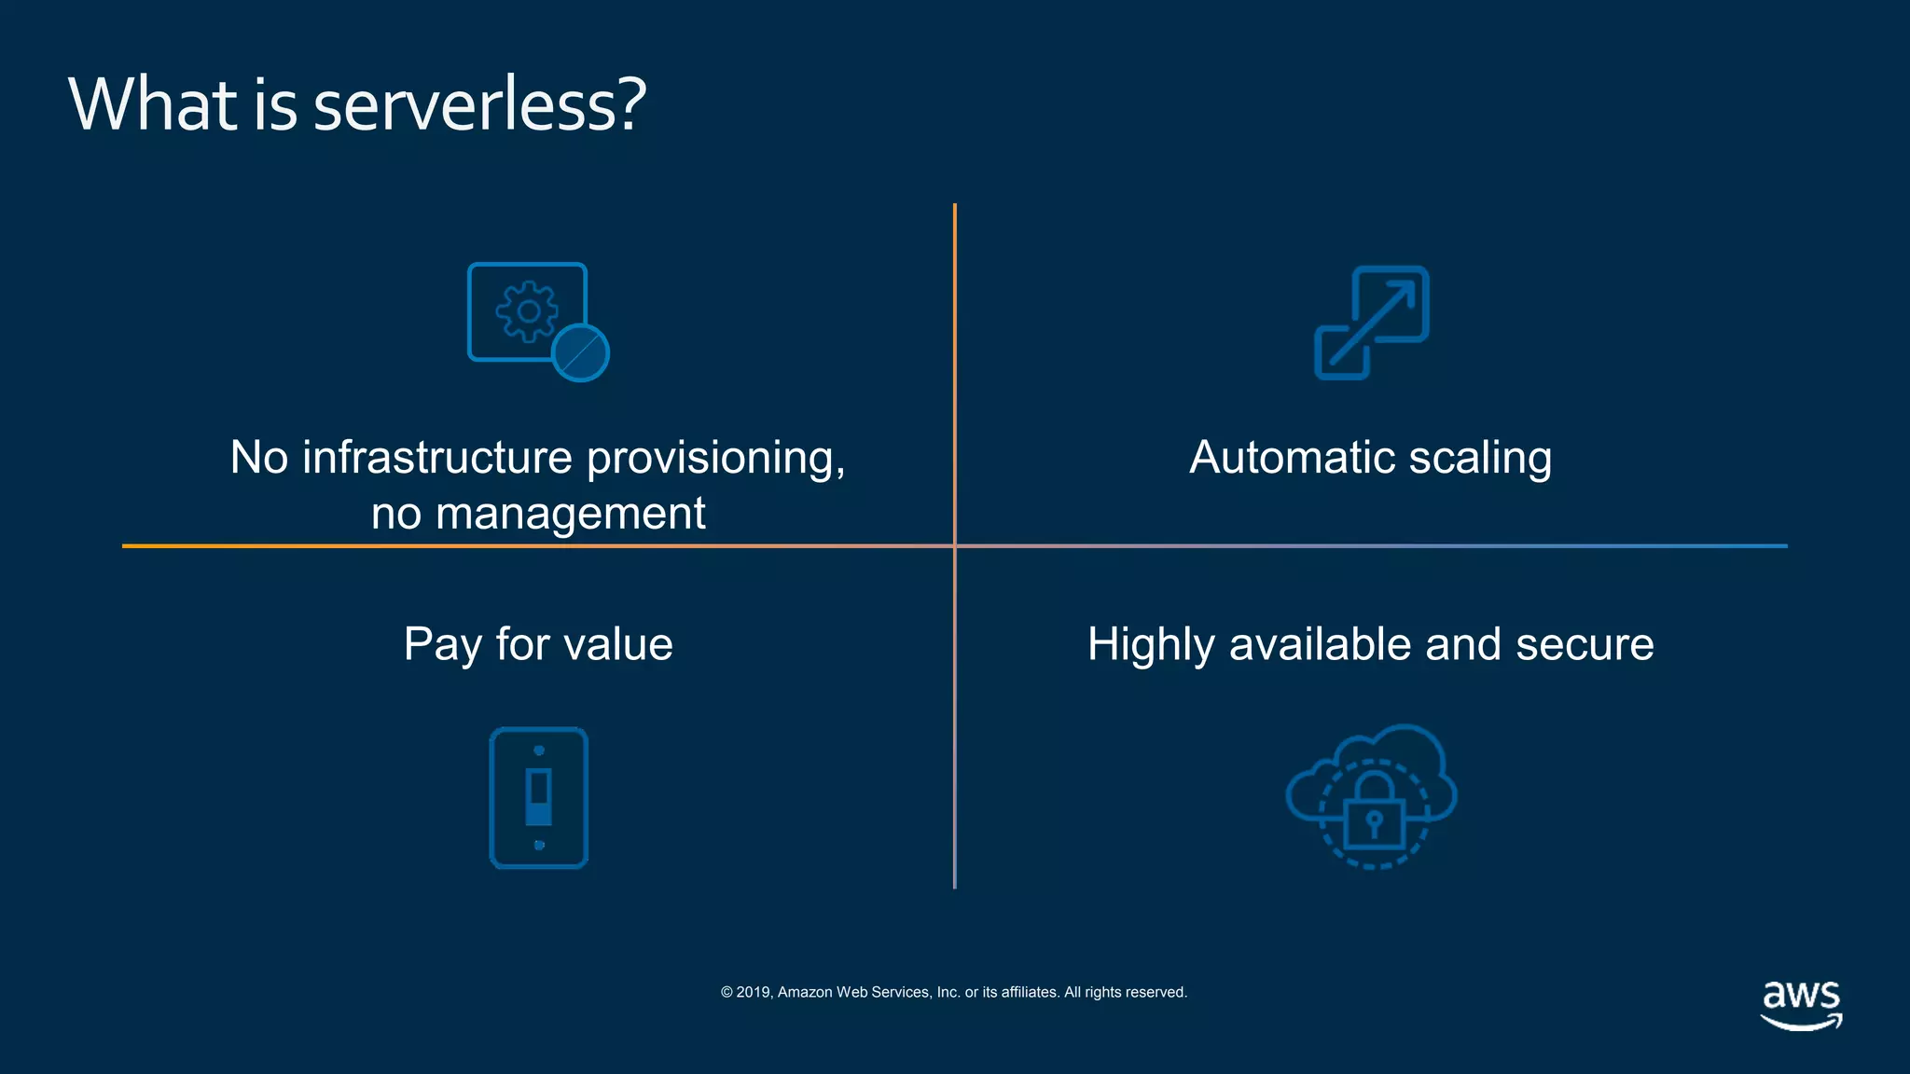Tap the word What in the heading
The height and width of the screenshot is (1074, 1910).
pos(153,104)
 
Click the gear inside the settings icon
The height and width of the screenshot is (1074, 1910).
pos(527,311)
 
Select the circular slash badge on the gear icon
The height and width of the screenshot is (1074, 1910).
pos(580,353)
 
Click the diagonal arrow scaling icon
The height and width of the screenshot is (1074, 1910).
pos(1372,323)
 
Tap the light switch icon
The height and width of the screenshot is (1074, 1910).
pos(539,798)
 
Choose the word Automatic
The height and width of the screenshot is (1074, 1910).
pos(1291,458)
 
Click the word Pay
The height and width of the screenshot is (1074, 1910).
pos(443,644)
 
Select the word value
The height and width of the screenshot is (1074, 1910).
pos(619,644)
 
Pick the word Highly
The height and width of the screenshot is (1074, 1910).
pos(1151,644)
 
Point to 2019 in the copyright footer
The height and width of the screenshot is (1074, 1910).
pos(753,992)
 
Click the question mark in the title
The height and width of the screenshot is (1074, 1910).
pos(631,104)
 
